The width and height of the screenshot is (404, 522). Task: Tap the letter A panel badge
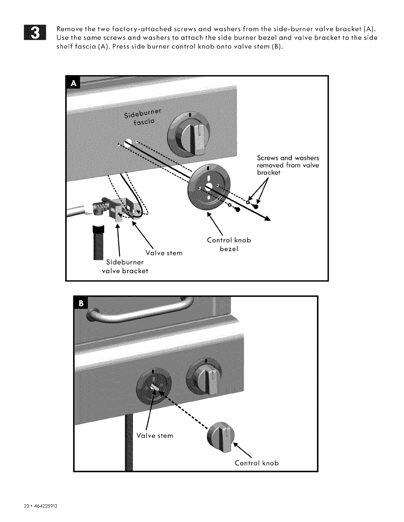pyautogui.click(x=74, y=84)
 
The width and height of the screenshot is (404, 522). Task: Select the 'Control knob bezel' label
pyautogui.click(x=229, y=244)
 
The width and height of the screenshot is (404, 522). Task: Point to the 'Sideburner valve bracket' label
pyautogui.click(x=125, y=266)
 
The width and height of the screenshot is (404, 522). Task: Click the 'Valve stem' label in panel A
pyautogui.click(x=164, y=253)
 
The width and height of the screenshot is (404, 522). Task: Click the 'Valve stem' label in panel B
pyautogui.click(x=154, y=436)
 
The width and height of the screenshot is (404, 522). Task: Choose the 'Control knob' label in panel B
pyautogui.click(x=256, y=463)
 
